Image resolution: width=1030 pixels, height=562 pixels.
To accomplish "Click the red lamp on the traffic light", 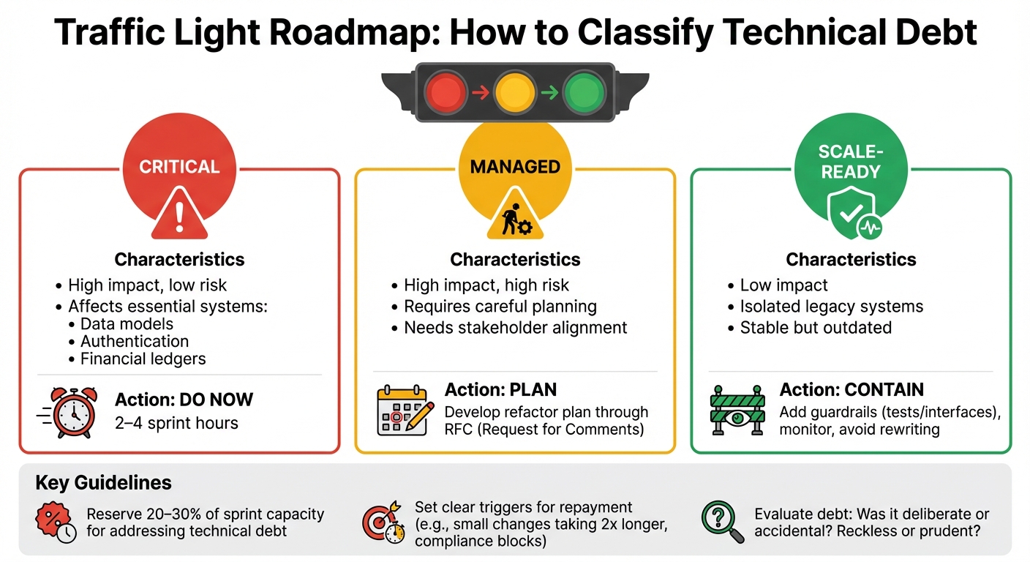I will tap(446, 94).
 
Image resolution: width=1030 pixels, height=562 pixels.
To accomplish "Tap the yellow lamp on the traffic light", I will tap(515, 94).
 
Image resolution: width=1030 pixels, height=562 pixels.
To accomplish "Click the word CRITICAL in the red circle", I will tap(179, 167).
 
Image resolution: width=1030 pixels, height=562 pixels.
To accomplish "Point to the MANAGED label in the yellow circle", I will tap(515, 167).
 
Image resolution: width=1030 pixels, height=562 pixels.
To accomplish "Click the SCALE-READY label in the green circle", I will tap(851, 162).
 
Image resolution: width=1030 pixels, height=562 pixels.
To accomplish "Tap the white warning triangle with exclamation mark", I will tap(179, 214).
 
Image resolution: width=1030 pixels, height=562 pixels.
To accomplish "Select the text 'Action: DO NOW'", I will tap(184, 400).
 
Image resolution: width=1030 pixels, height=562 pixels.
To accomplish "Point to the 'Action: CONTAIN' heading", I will tap(852, 390).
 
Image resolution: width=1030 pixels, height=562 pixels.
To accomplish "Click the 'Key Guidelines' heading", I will tap(103, 483).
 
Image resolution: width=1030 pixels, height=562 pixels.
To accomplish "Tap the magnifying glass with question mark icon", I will tap(721, 520).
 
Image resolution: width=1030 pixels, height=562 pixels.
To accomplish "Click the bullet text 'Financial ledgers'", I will tap(143, 359).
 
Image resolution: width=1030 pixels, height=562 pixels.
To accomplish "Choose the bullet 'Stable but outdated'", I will tap(816, 327).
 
